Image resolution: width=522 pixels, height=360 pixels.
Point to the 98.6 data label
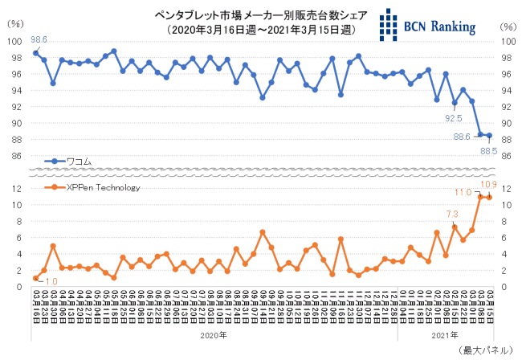pos(39,39)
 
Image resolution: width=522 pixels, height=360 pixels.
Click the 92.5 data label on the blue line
pos(454,117)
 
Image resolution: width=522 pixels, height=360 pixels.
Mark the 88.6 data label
pos(462,137)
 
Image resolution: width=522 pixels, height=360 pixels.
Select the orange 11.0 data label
pos(463,193)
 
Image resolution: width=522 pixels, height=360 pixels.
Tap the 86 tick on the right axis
pos(506,156)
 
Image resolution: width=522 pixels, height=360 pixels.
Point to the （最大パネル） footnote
pos(486,351)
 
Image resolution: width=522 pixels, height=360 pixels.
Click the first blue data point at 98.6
pos(35,53)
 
